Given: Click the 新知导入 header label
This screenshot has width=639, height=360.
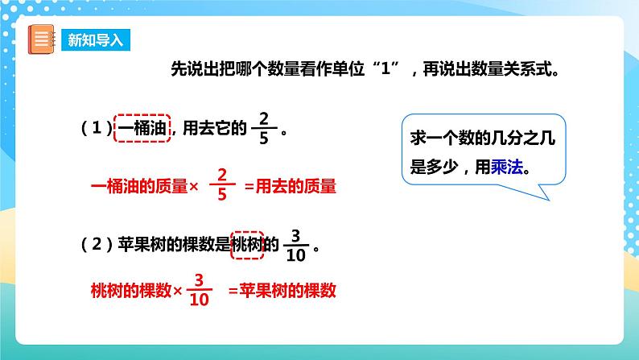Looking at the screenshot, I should pos(96,40).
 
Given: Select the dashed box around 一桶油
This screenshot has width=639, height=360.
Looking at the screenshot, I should pos(143,127).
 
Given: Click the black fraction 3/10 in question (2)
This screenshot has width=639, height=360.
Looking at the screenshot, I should pos(296,244).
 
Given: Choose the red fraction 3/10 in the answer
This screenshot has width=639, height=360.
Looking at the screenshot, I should pos(200,291).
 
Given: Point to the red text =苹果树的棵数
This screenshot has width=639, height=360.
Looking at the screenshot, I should pos(282,290).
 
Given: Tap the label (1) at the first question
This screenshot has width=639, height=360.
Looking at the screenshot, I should pos(94,129).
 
